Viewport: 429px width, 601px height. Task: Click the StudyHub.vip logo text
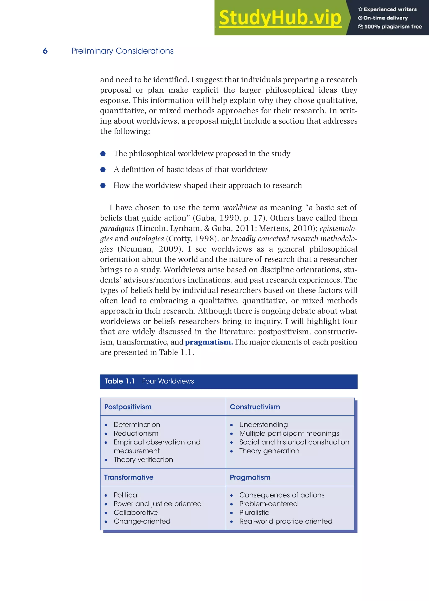(x=280, y=18)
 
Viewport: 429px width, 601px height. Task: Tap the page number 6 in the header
(x=45, y=51)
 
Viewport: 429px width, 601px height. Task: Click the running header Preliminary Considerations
(x=122, y=51)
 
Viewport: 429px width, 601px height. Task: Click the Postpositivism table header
(x=128, y=407)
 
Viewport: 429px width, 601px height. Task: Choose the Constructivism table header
(x=255, y=407)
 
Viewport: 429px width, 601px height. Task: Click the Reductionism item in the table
(x=136, y=433)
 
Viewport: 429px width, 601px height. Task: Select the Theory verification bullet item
(x=143, y=459)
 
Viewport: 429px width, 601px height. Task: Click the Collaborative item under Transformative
(x=136, y=512)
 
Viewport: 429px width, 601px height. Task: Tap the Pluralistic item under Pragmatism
(x=254, y=512)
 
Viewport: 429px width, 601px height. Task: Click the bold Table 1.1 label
(x=120, y=381)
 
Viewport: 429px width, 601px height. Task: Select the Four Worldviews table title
(x=168, y=381)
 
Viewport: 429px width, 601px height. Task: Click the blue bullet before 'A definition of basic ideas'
(x=103, y=170)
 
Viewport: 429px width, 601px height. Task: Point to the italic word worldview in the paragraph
(x=240, y=208)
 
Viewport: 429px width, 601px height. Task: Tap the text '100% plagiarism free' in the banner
(x=393, y=26)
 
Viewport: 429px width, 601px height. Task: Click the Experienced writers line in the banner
(x=390, y=9)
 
